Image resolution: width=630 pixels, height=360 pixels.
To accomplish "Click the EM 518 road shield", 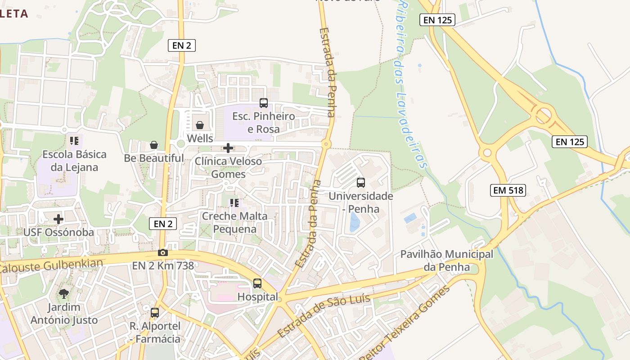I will tap(508, 190).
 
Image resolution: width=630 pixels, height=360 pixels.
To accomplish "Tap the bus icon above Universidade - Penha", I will tap(361, 182).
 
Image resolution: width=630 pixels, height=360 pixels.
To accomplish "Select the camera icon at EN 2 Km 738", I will tap(163, 252).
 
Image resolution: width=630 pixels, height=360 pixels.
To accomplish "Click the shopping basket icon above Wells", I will tap(200, 125).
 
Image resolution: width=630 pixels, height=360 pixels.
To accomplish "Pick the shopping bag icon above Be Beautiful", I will tap(154, 145).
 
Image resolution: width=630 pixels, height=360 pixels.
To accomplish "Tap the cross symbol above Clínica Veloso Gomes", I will tap(228, 148).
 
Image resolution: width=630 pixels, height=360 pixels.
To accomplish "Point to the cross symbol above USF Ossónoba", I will tap(58, 219).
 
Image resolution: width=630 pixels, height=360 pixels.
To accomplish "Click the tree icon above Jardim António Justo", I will tap(64, 294).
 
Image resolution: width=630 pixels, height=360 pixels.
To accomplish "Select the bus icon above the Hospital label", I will tap(257, 283).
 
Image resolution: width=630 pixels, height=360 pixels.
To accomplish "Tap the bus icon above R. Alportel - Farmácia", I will tap(155, 312).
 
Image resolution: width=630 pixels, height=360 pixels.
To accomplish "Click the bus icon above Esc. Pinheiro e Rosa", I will tap(264, 103).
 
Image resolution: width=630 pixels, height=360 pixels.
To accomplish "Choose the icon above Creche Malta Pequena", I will tap(234, 203).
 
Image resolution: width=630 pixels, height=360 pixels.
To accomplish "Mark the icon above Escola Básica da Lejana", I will tap(74, 141).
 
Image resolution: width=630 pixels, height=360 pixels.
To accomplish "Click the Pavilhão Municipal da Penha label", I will tap(446, 261).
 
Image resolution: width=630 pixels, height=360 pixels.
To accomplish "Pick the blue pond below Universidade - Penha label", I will tap(355, 222).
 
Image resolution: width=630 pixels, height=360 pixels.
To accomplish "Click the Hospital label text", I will tap(258, 297).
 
